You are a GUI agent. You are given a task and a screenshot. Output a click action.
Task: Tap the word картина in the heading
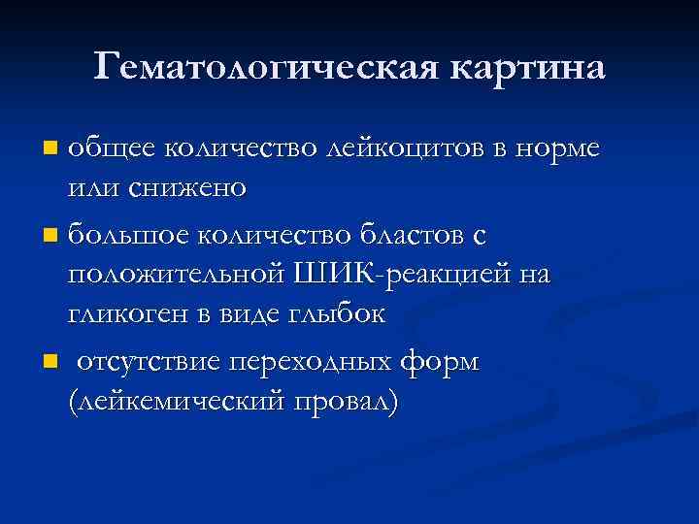point(525,66)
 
